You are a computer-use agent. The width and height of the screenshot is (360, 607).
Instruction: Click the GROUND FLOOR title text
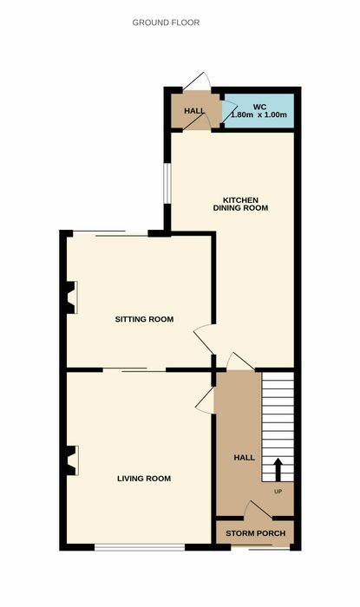[166, 23]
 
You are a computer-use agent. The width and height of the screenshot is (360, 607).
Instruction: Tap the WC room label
[259, 107]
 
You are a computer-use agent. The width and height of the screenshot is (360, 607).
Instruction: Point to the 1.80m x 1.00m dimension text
[259, 114]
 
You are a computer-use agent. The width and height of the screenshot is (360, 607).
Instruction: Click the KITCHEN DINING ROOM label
[240, 204]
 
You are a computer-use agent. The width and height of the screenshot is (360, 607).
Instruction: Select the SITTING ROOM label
[144, 319]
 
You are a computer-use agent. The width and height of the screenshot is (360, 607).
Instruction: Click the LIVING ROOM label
[144, 479]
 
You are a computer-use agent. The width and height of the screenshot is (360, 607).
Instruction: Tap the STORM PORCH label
[256, 533]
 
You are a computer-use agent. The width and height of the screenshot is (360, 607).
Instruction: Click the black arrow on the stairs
[278, 470]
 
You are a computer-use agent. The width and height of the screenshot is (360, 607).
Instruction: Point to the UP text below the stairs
[278, 492]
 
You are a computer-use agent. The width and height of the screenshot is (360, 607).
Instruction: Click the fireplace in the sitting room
[71, 297]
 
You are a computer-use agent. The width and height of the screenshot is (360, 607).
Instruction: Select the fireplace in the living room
[72, 460]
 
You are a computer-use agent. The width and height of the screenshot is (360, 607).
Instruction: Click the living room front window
[140, 547]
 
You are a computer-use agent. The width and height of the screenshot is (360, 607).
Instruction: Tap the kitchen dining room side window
[167, 183]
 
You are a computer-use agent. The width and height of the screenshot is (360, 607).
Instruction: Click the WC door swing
[229, 112]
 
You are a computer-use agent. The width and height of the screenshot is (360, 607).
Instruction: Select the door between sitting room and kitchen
[204, 339]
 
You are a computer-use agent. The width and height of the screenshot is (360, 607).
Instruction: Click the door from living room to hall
[205, 401]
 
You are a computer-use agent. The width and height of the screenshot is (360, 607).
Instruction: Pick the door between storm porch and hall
[258, 510]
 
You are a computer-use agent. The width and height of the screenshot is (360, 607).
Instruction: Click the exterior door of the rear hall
[197, 82]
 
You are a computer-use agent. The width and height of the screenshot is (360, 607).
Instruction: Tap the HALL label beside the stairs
[245, 458]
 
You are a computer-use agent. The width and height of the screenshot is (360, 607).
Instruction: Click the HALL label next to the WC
[194, 111]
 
